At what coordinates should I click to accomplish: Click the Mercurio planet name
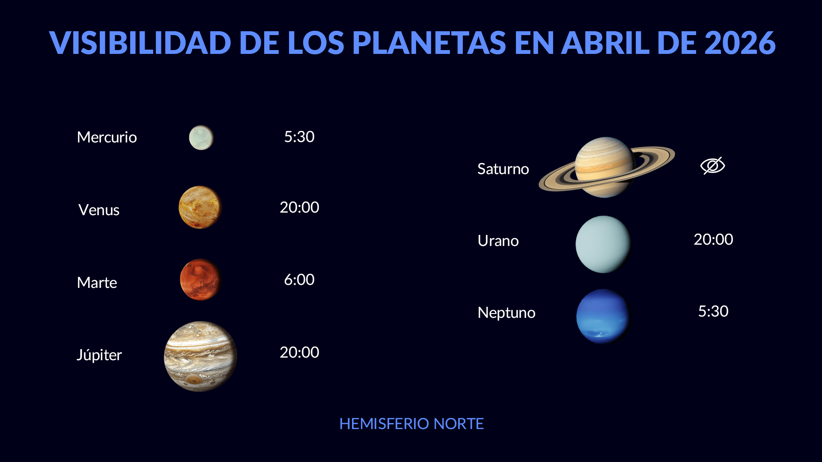coord(107,137)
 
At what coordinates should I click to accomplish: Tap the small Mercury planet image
coord(201,137)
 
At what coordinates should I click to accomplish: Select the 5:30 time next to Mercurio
coord(299,137)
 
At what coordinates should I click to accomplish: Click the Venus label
coord(99,210)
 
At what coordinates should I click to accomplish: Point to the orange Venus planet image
coord(200,207)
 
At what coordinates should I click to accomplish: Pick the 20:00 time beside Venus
coord(299,207)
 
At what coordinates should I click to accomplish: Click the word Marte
coord(97,283)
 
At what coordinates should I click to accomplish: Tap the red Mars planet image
coord(200,279)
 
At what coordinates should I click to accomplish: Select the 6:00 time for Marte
coord(299,280)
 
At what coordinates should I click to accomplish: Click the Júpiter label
coord(99,355)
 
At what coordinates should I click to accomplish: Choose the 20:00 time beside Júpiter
coord(299,352)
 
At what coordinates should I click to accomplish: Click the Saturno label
coord(503,169)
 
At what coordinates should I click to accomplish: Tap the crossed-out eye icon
coord(713,166)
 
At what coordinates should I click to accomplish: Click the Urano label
coord(498,241)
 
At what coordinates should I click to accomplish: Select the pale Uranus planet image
coord(603,244)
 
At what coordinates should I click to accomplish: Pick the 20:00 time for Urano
coord(713,240)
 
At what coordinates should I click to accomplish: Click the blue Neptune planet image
coord(603,317)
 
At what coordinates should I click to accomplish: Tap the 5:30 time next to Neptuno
coord(713,311)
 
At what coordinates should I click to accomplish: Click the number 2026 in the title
coord(739,43)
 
